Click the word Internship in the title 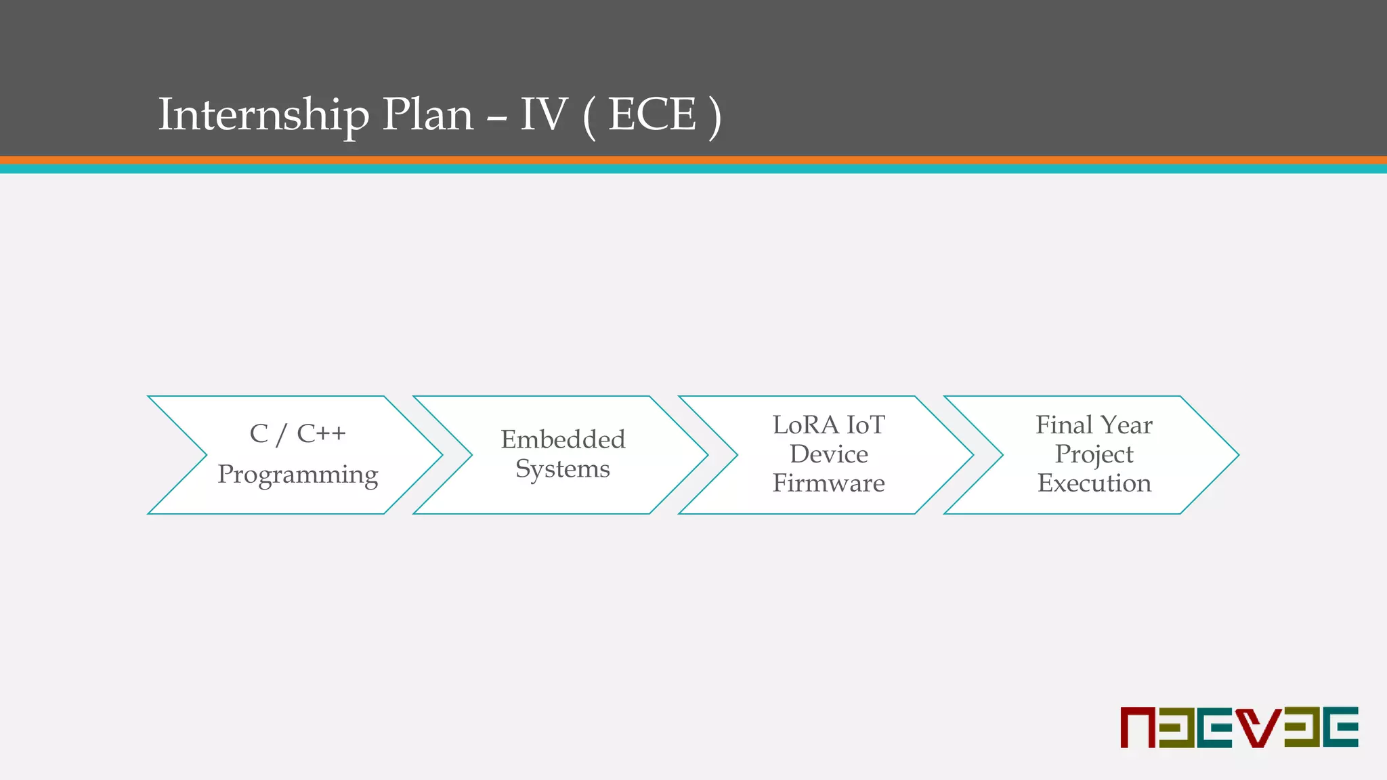(x=263, y=114)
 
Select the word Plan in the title (x=427, y=114)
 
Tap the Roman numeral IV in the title (x=542, y=114)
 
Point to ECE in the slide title (x=652, y=114)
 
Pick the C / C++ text (x=297, y=433)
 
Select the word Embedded (x=563, y=439)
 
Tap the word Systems (x=563, y=469)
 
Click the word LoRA (x=805, y=425)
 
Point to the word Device (x=828, y=454)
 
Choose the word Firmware (x=828, y=483)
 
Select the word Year (x=1126, y=425)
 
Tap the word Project (x=1094, y=455)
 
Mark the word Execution (x=1094, y=483)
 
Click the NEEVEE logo (x=1239, y=727)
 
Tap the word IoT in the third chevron (x=866, y=425)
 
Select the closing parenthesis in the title (x=714, y=116)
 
